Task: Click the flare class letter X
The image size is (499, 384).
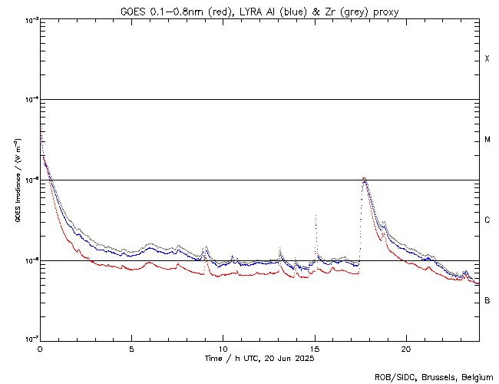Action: [487, 59]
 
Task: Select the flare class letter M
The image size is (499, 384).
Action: [487, 140]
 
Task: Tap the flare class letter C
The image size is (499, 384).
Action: [487, 220]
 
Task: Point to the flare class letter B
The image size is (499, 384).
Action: [487, 300]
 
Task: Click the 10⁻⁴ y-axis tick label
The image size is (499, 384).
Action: [29, 100]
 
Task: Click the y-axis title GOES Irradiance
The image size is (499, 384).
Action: [16, 180]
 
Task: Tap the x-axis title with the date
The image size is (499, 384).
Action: [259, 359]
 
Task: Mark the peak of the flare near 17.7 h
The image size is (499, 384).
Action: [364, 178]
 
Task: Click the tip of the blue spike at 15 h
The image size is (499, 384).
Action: [316, 216]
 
